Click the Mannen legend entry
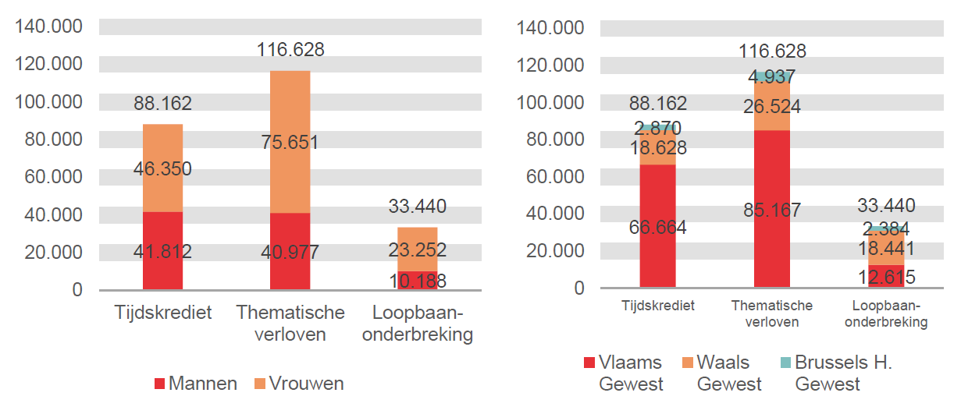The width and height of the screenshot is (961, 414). (196, 384)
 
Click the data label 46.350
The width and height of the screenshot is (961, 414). (162, 169)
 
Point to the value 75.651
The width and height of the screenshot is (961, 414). (290, 143)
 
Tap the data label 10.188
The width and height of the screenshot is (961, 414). (418, 281)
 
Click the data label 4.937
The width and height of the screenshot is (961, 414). (771, 77)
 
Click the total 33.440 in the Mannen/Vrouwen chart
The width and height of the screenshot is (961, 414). (418, 207)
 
